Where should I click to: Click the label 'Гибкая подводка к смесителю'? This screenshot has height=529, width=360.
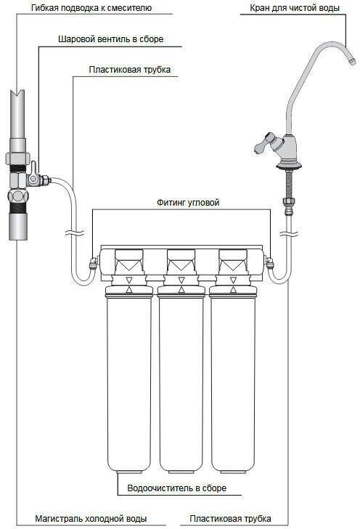(91, 7)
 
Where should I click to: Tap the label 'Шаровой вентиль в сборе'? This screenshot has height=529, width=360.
(110, 39)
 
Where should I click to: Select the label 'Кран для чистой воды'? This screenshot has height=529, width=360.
(294, 7)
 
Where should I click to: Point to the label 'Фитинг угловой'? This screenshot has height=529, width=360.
(188, 203)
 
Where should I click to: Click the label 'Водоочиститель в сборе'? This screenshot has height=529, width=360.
(176, 488)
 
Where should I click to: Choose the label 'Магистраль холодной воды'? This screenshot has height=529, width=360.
(91, 518)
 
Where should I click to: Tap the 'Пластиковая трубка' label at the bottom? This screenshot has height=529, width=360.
(230, 518)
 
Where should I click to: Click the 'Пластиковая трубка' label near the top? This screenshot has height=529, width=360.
(130, 70)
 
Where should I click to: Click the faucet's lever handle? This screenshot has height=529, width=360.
(265, 142)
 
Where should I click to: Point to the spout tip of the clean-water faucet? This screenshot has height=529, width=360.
(351, 61)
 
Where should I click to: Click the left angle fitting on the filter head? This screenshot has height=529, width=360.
(94, 262)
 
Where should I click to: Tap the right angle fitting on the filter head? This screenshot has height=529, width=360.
(269, 262)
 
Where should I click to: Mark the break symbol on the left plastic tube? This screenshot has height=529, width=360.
(74, 233)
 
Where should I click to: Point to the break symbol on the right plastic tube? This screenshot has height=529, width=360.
(287, 233)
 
